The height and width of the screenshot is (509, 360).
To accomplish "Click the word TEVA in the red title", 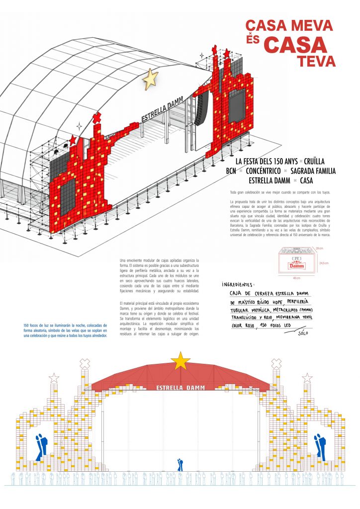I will tap(316, 61).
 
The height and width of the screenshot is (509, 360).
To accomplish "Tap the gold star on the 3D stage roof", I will tap(150, 80).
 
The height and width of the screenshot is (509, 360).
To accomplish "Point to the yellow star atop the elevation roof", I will tap(180, 360).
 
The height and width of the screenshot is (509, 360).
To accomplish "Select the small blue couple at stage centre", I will tap(180, 465).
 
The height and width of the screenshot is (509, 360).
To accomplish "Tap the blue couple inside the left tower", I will tap(42, 446).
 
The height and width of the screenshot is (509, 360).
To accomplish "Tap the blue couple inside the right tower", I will tap(319, 446).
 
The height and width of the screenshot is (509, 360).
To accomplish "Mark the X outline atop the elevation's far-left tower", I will tap(86, 363).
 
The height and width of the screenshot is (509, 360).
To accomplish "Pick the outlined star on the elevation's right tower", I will tap(307, 378).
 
